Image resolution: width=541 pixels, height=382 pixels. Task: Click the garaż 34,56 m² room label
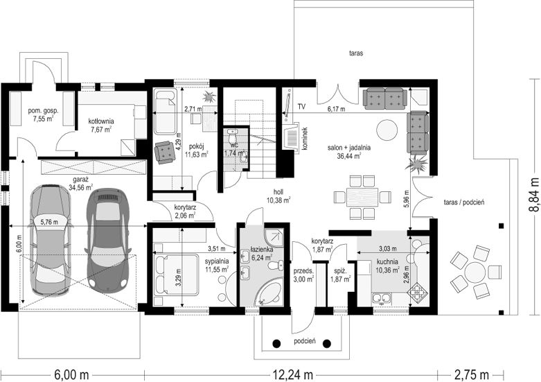pos(81,184)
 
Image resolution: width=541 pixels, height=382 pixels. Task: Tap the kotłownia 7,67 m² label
pos(101,125)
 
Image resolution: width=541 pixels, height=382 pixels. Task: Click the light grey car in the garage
pos(51,240)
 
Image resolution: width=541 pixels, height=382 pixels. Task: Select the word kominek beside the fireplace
pos(305,139)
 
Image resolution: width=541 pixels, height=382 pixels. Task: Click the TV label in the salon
pos(302,107)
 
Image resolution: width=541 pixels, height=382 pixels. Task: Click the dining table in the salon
pos(362,197)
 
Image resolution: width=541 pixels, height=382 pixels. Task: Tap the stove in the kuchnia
pos(418,291)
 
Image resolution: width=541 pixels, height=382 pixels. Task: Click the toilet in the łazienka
pos(276,266)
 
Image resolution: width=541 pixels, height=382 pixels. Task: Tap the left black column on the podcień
pos(276,344)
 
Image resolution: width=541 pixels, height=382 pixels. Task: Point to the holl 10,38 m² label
pos(278,196)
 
